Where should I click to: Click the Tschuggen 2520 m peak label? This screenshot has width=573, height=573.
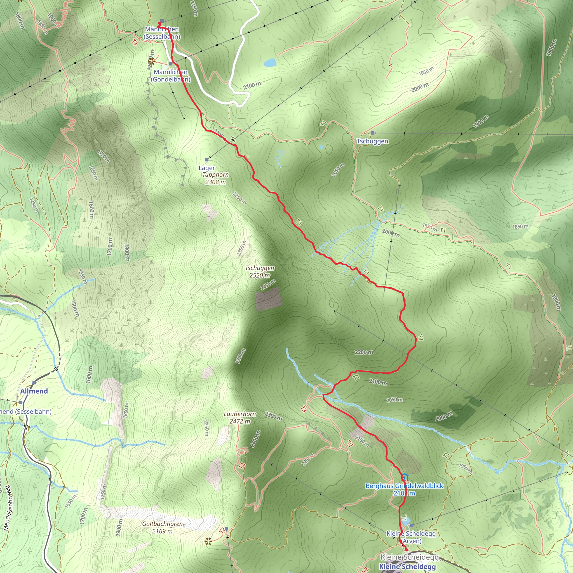click(x=260, y=272)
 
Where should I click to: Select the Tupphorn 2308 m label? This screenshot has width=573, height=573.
click(x=215, y=178)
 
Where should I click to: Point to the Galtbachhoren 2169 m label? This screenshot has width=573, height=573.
click(x=163, y=527)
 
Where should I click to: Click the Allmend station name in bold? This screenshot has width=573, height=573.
click(x=34, y=391)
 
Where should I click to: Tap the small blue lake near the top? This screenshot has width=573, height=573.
click(x=270, y=63)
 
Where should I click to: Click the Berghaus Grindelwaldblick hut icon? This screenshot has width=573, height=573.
click(x=405, y=477)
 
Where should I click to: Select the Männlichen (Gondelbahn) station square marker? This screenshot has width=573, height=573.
click(x=171, y=64)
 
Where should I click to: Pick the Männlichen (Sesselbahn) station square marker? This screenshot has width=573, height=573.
click(x=162, y=21)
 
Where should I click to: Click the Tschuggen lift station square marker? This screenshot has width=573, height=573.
click(x=372, y=133)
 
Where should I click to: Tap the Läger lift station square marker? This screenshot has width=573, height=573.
click(x=207, y=160)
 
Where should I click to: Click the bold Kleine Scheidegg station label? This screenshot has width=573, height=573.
click(x=407, y=567)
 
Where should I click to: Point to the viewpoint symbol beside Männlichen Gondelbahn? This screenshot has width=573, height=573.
click(x=152, y=61)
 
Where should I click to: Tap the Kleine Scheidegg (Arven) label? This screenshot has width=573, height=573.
click(x=411, y=537)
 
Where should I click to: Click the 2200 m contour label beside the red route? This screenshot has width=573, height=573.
click(x=364, y=352)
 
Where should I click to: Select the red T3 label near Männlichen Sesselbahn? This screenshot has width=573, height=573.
click(x=135, y=43)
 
